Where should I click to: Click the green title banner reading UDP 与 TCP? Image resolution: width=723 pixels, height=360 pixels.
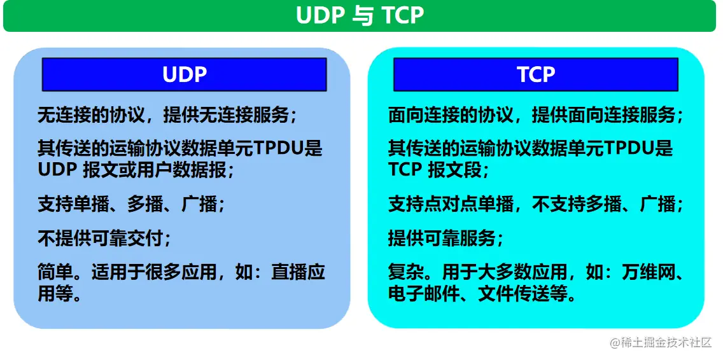point(360,16)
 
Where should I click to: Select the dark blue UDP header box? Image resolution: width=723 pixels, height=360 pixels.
point(184,74)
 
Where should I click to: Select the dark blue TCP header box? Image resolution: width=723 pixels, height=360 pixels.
point(535,74)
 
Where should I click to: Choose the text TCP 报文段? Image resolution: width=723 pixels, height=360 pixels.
point(439,170)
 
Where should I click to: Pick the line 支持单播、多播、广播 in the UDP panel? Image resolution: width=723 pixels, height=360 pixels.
point(131,204)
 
